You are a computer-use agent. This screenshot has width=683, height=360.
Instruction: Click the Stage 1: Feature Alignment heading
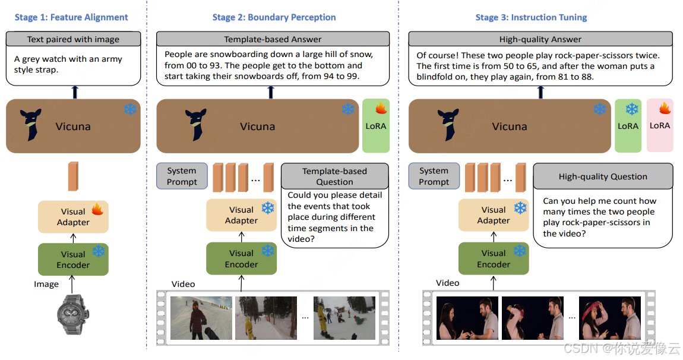tap(71, 17)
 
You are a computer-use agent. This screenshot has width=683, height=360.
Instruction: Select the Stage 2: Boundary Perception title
tap(274, 17)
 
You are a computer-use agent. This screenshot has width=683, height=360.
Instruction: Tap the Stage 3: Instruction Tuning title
tap(531, 17)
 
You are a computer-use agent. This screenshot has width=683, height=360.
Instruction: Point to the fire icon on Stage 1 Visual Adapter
tap(97, 210)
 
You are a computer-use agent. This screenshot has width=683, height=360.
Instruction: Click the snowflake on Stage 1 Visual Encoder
tap(98, 252)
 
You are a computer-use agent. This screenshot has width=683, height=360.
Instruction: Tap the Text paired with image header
tap(73, 39)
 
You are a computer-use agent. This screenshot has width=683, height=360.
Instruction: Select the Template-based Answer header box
tap(273, 39)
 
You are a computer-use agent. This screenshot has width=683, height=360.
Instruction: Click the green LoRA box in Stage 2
tap(376, 125)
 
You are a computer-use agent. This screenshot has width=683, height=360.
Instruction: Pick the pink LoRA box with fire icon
tap(660, 125)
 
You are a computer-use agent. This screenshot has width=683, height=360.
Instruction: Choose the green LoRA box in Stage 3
tap(628, 125)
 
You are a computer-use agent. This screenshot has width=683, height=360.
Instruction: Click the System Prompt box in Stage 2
tap(182, 176)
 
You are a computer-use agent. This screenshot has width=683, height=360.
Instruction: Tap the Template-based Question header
tap(334, 176)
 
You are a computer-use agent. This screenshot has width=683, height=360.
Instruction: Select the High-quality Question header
tap(603, 176)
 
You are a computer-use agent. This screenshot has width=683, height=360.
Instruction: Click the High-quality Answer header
tap(540, 39)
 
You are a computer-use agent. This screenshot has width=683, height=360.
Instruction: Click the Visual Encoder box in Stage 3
tap(494, 258)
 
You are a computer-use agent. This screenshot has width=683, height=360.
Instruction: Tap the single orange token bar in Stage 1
tap(72, 176)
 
